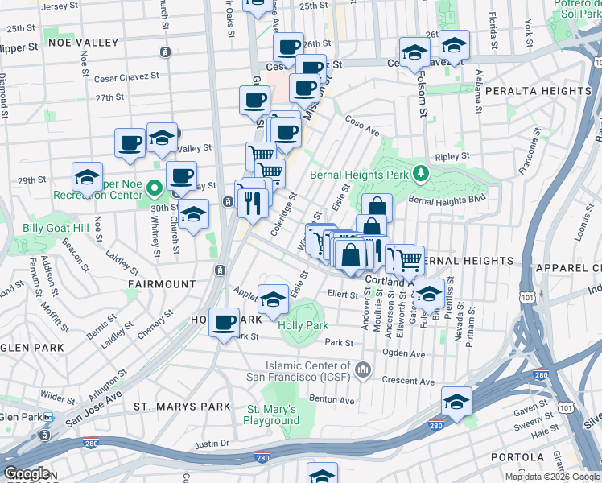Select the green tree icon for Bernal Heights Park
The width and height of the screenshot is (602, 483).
pos(419,173)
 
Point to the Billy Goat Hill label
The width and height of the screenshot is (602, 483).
pos(56,229)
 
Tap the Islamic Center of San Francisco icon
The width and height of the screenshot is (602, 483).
pos(363,369)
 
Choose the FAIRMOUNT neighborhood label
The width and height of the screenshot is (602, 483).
pos(160,284)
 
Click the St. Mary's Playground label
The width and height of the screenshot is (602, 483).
pos(272,415)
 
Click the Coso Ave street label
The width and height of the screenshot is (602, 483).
pos(362,129)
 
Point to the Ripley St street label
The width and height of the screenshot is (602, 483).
pos(453,155)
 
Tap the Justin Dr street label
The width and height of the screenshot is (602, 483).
pos(212,444)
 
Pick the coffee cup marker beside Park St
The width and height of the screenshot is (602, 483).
pos(225,324)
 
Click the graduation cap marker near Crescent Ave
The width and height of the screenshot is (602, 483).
pos(456,402)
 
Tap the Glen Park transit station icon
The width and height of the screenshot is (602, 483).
pos(48,417)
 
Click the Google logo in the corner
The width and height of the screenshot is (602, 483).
pos(27,473)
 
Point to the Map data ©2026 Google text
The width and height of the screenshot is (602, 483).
pos(549,477)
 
